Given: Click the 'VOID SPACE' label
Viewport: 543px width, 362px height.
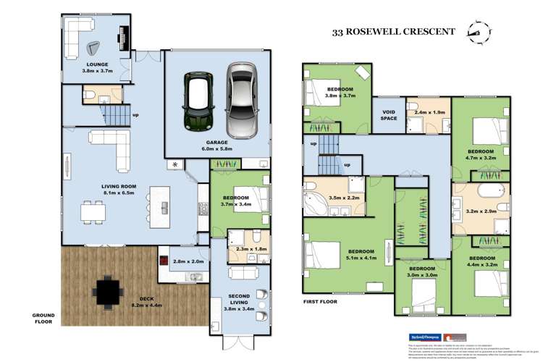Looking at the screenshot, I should [390, 114].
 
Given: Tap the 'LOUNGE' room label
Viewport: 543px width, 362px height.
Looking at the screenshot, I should [76, 64].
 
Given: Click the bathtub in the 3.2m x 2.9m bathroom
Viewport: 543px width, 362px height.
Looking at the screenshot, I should [480, 195].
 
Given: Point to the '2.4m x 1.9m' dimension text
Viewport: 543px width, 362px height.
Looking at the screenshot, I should [428, 112].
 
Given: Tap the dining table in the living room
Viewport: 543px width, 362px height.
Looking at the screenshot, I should [93, 211].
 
